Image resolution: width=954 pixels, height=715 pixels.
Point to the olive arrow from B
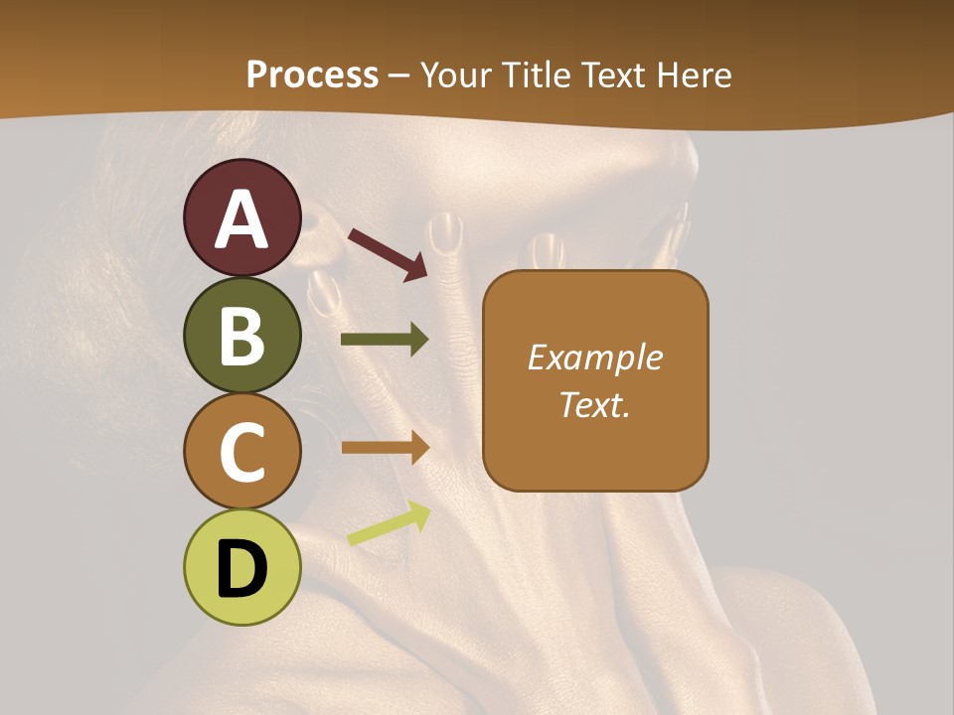tap(385, 340)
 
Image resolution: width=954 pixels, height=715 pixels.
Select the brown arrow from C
tap(385, 447)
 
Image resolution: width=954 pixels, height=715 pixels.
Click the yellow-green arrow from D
tap(389, 525)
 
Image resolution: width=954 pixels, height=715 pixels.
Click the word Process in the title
tap(312, 74)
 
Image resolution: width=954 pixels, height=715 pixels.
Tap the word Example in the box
tap(594, 357)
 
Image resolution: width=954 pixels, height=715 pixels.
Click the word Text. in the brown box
tap(594, 404)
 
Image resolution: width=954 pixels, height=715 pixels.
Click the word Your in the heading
tap(454, 74)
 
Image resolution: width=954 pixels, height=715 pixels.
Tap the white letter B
tap(241, 336)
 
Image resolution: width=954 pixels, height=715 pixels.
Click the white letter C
tap(241, 453)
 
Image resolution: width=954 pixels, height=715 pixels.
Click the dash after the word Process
tap(399, 75)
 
